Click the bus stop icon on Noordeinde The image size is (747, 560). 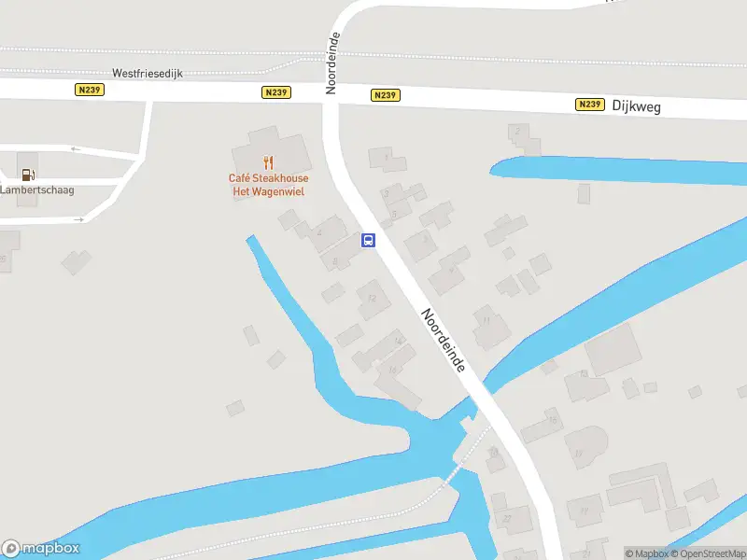pyautogui.click(x=369, y=240)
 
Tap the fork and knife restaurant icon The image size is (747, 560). pyautogui.click(x=269, y=163)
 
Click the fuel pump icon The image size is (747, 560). pyautogui.click(x=28, y=174)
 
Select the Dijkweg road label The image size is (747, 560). pyautogui.click(x=637, y=107)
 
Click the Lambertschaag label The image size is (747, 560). pyautogui.click(x=36, y=189)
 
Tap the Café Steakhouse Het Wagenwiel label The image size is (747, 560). pyautogui.click(x=269, y=185)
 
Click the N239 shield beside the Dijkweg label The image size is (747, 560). pyautogui.click(x=589, y=105)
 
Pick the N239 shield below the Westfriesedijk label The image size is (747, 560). pyautogui.click(x=88, y=90)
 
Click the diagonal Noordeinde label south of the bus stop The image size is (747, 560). pyautogui.click(x=443, y=342)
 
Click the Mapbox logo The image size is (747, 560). pyautogui.click(x=40, y=549)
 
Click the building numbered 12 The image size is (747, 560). pyautogui.click(x=373, y=299)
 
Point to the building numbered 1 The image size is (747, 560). pyautogui.click(x=386, y=157)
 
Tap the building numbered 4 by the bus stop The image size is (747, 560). pyautogui.click(x=320, y=231)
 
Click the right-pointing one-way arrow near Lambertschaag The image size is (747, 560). pyautogui.click(x=82, y=219)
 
